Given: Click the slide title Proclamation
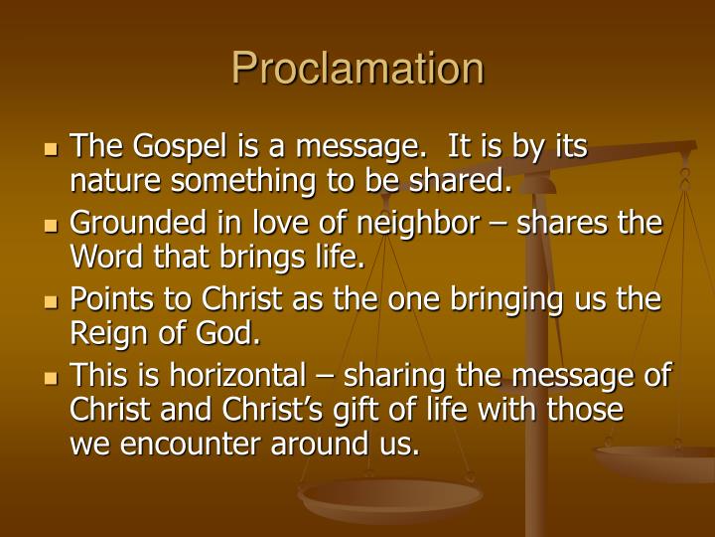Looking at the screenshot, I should click(357, 69).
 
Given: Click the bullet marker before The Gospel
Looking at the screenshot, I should click(53, 149).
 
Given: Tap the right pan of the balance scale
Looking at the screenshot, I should click(655, 460).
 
